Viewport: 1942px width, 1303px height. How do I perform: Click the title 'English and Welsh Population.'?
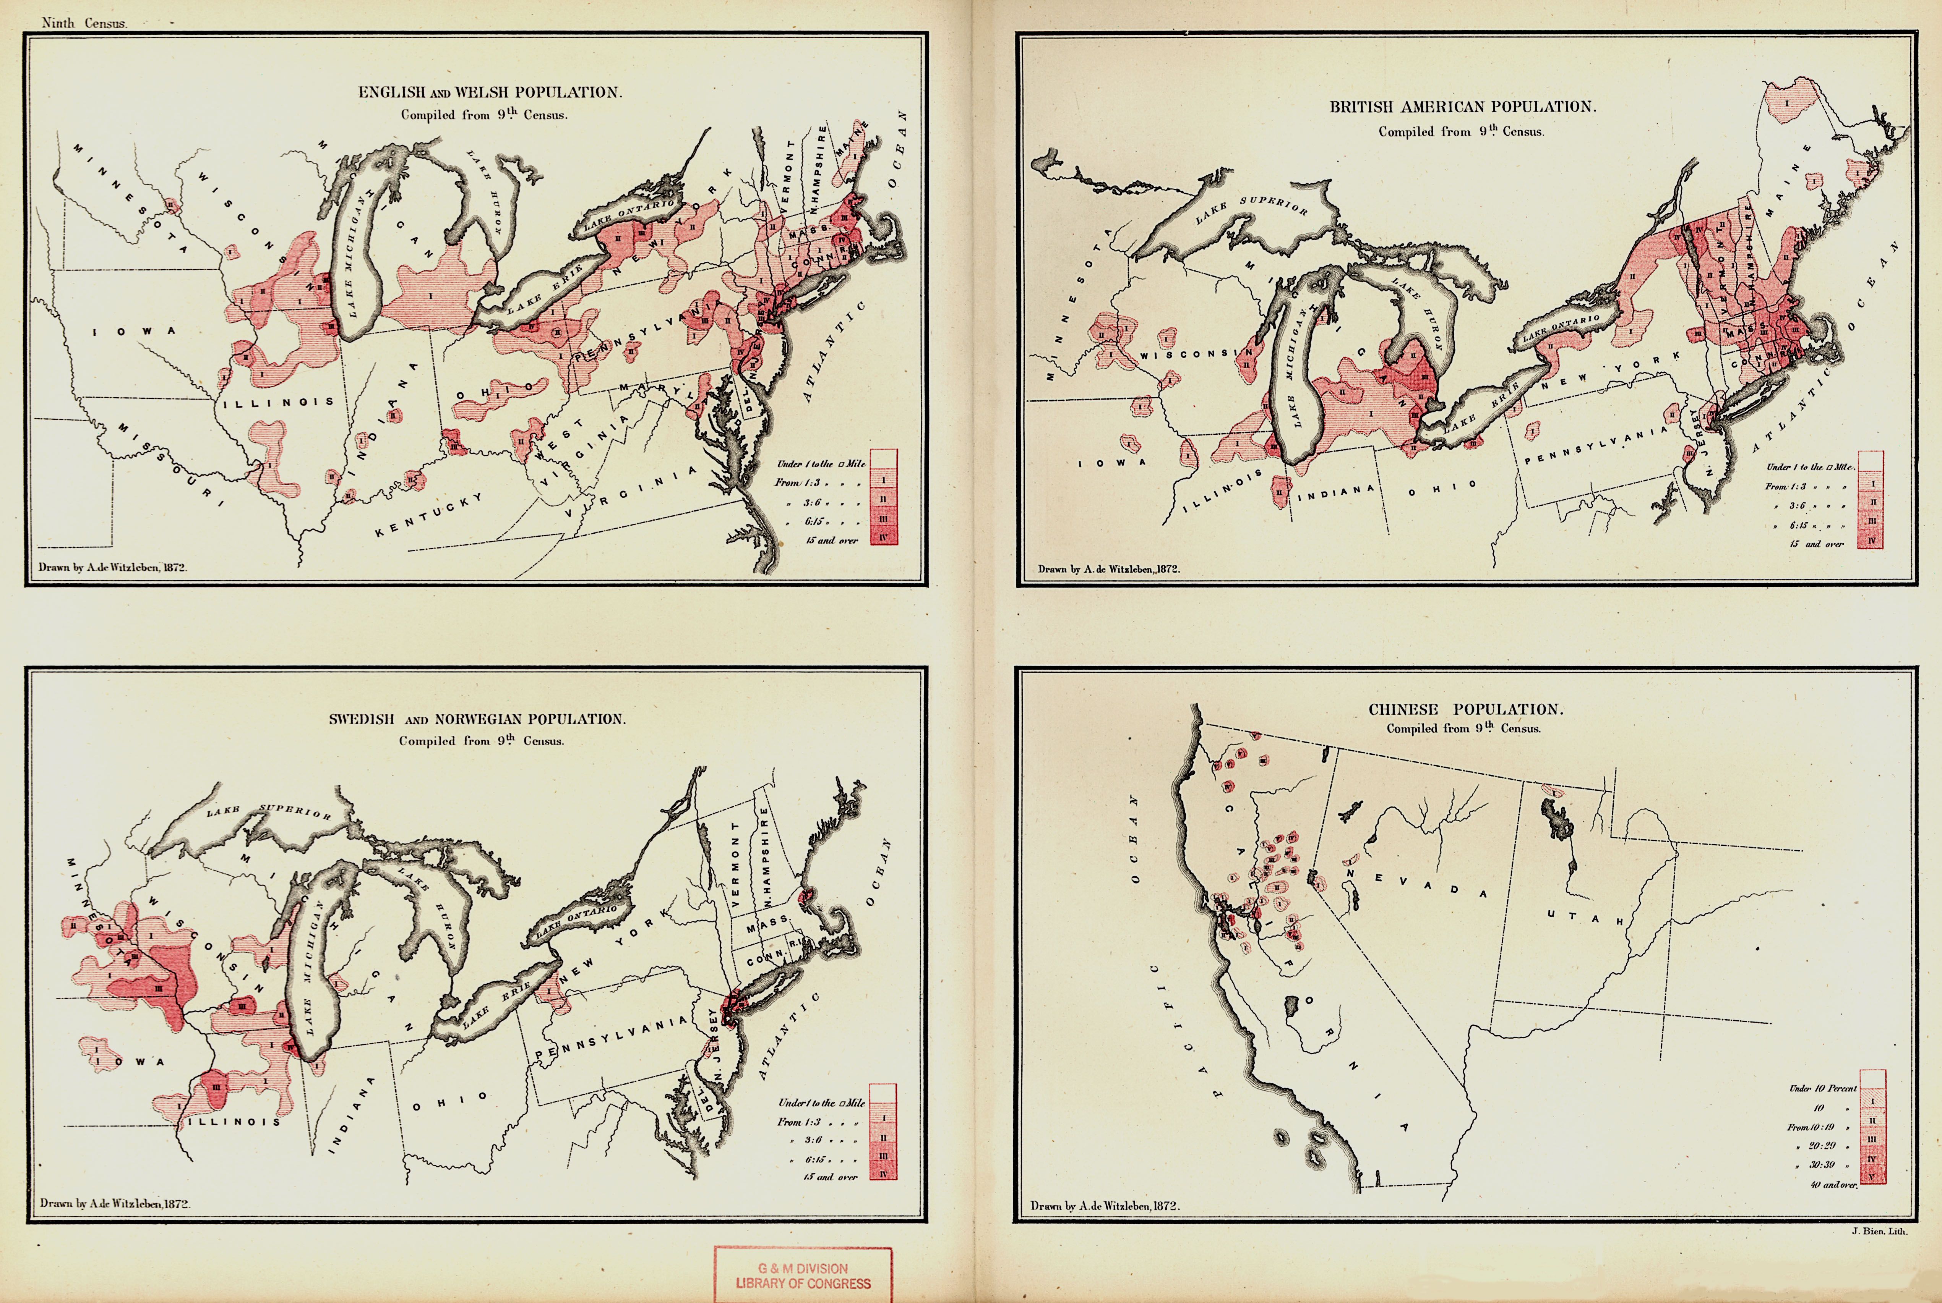tap(490, 92)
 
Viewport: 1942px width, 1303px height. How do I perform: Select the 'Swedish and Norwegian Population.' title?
tap(477, 719)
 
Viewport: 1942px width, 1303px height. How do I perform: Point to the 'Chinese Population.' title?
tap(1466, 710)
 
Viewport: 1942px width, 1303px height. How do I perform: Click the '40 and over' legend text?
tap(1833, 1184)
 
